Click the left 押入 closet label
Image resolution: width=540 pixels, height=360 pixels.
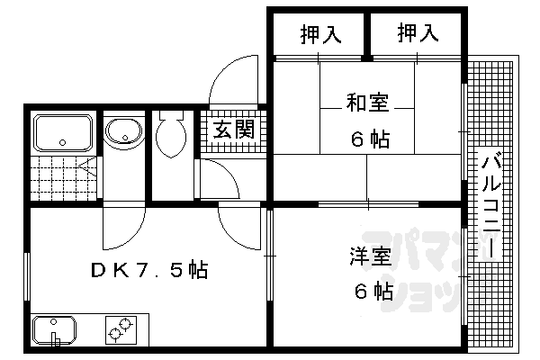pos(319,34)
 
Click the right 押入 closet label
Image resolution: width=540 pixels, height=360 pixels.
pos(418,34)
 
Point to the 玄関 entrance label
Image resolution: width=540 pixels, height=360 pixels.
pos(232,130)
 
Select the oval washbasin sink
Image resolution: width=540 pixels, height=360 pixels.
pos(121,133)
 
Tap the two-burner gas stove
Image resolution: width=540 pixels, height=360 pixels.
pos(120,330)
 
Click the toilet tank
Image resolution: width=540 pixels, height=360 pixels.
pos(169,116)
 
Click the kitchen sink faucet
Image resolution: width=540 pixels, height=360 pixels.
pos(56,337)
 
